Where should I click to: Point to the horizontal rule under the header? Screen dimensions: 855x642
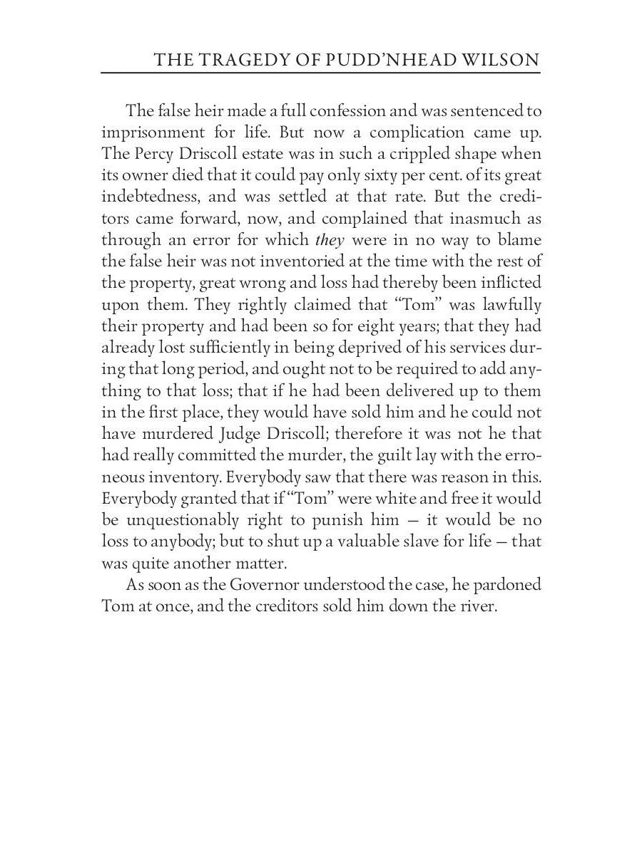click(321, 73)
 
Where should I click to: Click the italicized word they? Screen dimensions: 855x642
click(330, 240)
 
